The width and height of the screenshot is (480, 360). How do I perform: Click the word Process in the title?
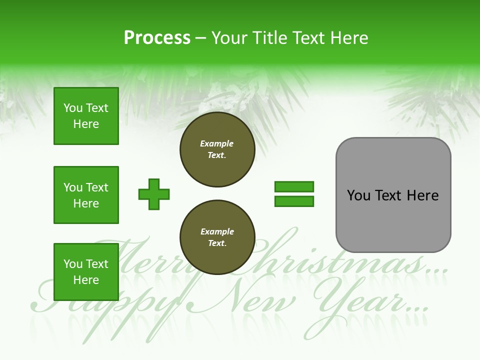tap(157, 38)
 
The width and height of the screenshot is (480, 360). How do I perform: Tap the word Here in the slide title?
tap(348, 38)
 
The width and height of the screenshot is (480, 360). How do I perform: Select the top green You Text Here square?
tap(86, 116)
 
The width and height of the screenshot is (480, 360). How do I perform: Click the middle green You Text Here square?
tap(86, 195)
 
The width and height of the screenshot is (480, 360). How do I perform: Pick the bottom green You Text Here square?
tap(86, 271)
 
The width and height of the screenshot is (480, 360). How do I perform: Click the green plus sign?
tap(154, 194)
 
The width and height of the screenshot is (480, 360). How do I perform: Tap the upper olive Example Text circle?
tap(217, 149)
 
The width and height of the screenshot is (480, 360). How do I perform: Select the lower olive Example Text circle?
tap(217, 237)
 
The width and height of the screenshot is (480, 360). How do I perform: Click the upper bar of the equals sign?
tap(294, 187)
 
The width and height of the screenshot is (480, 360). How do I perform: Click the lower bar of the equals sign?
tap(294, 201)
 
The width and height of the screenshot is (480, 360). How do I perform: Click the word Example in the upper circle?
tap(217, 144)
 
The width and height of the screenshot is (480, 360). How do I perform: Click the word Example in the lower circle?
tap(217, 232)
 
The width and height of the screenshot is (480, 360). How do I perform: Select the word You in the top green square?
tap(73, 108)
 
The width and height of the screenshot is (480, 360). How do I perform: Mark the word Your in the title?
tap(229, 38)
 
